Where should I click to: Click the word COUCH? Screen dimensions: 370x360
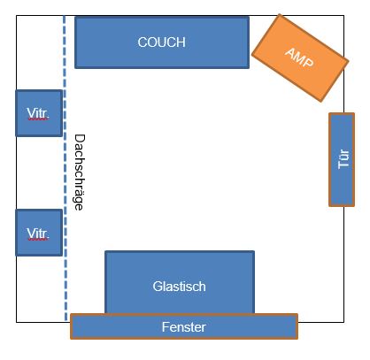tap(161, 42)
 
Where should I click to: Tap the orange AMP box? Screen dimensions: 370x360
tap(300, 57)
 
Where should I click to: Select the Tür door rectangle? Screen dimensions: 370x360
tap(342, 159)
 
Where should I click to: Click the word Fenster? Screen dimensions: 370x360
tap(183, 327)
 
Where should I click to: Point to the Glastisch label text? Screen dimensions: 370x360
tap(179, 287)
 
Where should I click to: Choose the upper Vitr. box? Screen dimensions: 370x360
tap(39, 113)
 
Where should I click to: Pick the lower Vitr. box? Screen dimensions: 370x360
tap(39, 233)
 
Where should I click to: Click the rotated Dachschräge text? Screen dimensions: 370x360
tap(79, 172)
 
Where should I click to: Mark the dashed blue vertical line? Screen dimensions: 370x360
tap(65, 168)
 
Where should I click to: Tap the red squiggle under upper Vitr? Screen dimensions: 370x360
tap(37, 119)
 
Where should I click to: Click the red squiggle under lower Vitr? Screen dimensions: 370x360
tap(37, 240)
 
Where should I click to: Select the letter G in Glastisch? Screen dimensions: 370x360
tap(158, 287)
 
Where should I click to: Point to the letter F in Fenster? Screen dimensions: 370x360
tap(166, 327)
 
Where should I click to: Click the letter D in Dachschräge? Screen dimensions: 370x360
tap(80, 139)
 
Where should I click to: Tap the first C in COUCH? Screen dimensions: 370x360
tap(143, 42)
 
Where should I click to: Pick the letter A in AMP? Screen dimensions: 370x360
tap(290, 53)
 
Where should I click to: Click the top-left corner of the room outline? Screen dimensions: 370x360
tap(17, 16)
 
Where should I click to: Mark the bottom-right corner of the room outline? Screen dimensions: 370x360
tap(343, 322)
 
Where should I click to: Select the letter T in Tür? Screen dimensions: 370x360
tap(343, 165)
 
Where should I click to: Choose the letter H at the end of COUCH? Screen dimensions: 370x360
tap(181, 42)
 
